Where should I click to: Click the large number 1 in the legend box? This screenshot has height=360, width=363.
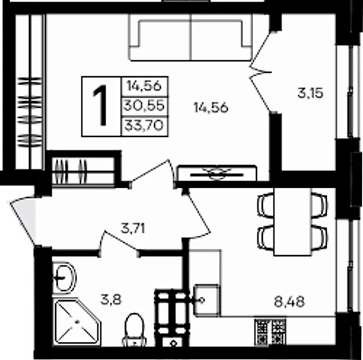click(100, 105)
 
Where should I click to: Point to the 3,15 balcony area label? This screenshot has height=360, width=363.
click(309, 93)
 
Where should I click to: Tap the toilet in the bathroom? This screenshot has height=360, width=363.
click(134, 327)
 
